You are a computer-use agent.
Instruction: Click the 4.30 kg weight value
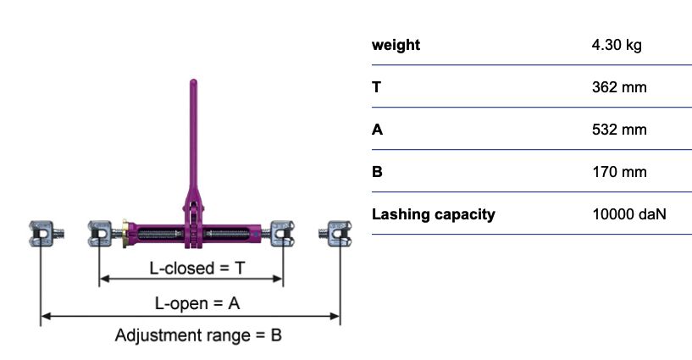point(617,45)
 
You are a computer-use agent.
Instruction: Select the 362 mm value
point(619,87)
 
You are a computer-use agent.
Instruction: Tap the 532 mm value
point(619,130)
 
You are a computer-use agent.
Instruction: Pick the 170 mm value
point(619,172)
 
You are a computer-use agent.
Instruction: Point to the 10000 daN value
point(628,214)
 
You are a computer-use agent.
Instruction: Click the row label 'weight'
point(396,45)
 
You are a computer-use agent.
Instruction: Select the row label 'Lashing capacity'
point(434,215)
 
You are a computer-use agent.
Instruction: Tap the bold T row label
point(376,87)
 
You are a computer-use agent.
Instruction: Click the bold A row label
point(377,130)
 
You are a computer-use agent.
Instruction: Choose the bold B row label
point(377,172)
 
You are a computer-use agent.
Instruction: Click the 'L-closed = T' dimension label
point(197,268)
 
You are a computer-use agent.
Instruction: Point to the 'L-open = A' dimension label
point(197,303)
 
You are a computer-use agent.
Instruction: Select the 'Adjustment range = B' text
point(198,335)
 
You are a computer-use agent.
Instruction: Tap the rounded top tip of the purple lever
point(193,80)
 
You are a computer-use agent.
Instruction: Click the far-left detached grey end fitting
point(46,233)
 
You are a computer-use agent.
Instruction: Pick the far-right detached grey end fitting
point(335,234)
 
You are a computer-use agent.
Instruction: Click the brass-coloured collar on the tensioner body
point(125,234)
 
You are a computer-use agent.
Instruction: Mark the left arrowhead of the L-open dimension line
point(45,316)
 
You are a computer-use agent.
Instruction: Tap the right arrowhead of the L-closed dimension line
point(278,279)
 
